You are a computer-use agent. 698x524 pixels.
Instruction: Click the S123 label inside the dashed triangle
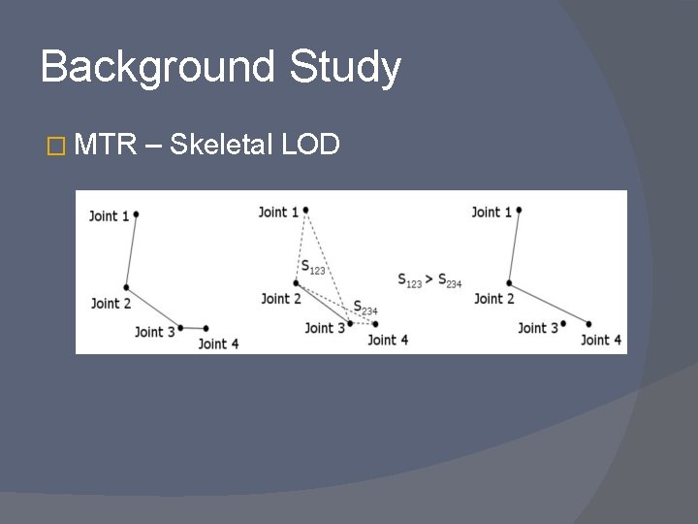312,266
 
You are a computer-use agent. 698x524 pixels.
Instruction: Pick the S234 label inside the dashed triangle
365,308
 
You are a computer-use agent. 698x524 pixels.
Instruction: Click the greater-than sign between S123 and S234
429,279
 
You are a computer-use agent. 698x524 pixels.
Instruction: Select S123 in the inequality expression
410,280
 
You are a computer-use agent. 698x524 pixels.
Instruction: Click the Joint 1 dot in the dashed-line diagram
305,210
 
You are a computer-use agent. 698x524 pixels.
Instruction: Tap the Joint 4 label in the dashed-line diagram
388,340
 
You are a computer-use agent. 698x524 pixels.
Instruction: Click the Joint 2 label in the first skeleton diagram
111,303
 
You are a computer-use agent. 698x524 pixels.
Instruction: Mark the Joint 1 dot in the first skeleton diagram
137,213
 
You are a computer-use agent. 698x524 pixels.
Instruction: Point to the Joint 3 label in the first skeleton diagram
155,332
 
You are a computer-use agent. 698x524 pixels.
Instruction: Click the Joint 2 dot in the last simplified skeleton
509,283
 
